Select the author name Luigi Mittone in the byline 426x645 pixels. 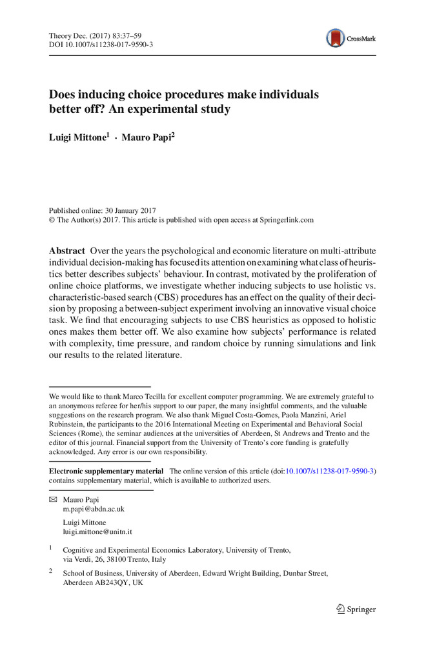click(77, 138)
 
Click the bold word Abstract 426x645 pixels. click(67, 250)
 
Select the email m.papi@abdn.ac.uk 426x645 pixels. click(94, 509)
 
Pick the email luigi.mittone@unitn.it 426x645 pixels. click(97, 532)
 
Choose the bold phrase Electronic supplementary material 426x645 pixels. click(107, 471)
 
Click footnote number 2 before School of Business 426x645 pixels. click(51, 571)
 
